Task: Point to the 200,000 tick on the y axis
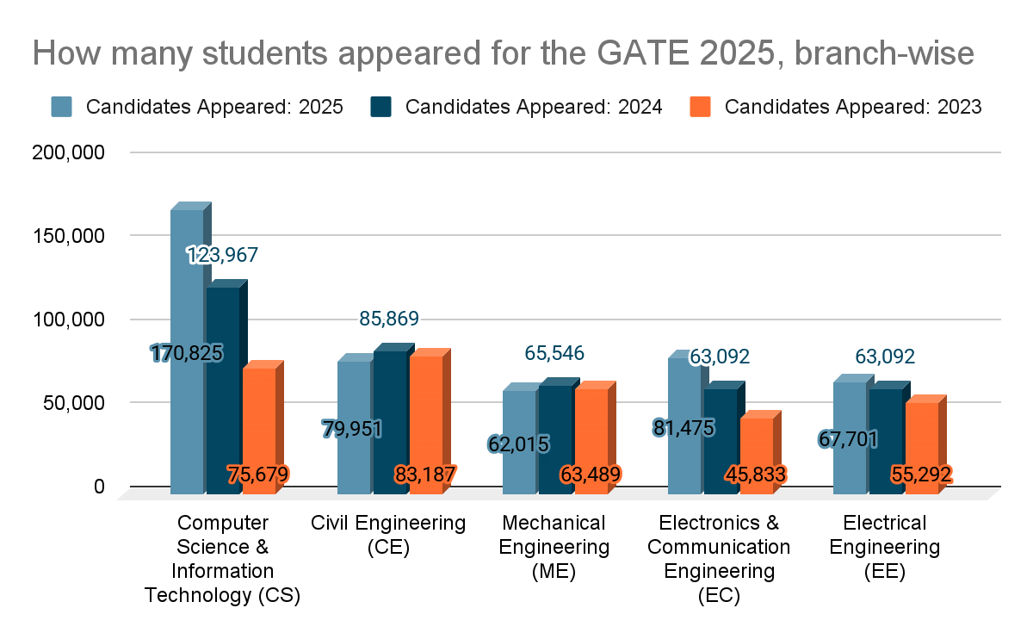[74, 152]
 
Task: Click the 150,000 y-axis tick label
[74, 236]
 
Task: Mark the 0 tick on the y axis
[99, 487]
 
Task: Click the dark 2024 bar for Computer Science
[223, 388]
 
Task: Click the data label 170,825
[187, 352]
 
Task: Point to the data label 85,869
[389, 319]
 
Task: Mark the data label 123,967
[223, 255]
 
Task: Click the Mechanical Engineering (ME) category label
[554, 547]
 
